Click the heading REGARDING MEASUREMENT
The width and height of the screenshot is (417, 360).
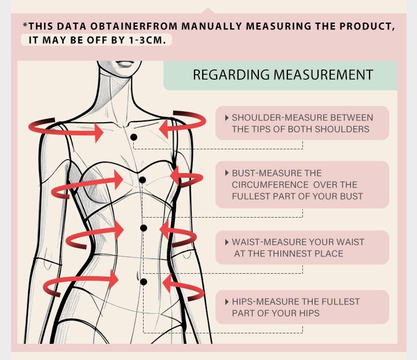(x=283, y=75)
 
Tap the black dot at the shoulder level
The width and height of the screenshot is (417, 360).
(x=134, y=137)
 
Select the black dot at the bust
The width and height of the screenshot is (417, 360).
(x=142, y=180)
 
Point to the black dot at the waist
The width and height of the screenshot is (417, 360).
(x=144, y=228)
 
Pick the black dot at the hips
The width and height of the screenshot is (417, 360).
(x=144, y=282)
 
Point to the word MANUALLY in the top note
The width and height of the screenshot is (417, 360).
(x=212, y=26)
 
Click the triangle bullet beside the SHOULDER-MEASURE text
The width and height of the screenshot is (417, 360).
(x=227, y=117)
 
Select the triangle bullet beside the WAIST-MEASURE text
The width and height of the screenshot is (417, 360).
(x=227, y=242)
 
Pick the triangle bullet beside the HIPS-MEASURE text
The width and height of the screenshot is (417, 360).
(x=227, y=302)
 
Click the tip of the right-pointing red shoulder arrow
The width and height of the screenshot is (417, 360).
(x=103, y=133)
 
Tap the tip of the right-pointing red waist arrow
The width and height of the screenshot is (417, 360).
(x=124, y=230)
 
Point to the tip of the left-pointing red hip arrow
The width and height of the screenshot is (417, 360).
(x=162, y=283)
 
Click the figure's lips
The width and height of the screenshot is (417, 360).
(x=124, y=64)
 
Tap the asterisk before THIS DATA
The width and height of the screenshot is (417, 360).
(x=25, y=25)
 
